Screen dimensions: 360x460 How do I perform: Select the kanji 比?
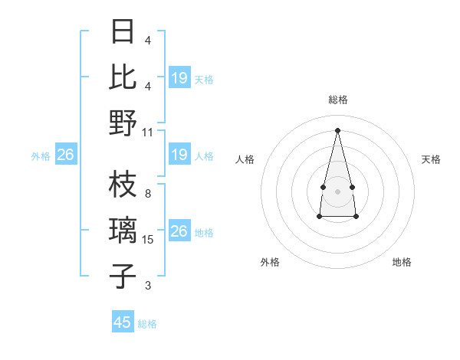point(123,77)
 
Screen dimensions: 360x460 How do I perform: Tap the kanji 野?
point(123,123)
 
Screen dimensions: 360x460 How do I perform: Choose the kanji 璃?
point(123,230)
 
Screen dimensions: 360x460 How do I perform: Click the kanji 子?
point(123,276)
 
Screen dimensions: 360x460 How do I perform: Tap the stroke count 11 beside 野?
point(148,132)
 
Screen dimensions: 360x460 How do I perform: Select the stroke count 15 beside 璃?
point(148,240)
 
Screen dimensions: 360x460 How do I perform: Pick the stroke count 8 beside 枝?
point(148,194)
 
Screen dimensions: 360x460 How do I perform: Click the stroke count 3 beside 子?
point(148,286)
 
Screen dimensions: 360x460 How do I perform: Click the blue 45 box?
point(122,322)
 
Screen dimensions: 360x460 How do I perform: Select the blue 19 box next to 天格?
point(179,78)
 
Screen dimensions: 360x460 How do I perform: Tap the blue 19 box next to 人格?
point(179,155)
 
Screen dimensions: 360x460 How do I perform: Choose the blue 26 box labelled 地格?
point(179,232)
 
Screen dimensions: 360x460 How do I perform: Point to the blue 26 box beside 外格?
point(65,155)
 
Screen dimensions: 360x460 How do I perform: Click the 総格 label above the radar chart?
point(337,100)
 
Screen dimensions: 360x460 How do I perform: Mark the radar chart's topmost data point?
point(337,129)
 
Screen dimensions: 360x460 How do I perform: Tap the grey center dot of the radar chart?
point(337,190)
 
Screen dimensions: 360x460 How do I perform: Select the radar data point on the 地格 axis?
point(356,217)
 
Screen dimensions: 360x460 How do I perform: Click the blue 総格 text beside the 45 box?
point(147,324)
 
